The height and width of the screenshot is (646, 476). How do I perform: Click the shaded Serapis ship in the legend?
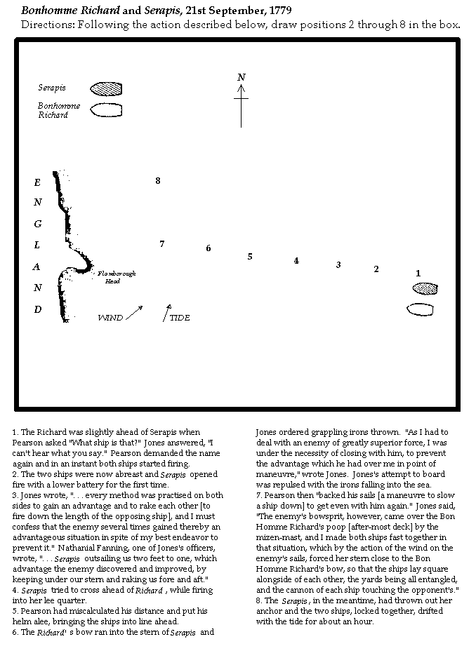coord(106,89)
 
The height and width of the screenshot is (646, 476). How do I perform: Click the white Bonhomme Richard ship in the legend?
coord(106,110)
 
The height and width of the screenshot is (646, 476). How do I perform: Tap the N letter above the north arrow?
coord(241,77)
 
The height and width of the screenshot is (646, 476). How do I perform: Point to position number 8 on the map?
coord(158,181)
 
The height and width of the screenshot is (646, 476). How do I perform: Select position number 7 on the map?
coord(161,244)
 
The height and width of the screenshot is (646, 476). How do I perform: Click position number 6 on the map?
coord(208,248)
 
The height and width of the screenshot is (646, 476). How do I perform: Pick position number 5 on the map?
coord(249,257)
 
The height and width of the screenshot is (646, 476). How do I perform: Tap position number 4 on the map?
coord(296,261)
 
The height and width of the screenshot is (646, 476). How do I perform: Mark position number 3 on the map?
coord(338,265)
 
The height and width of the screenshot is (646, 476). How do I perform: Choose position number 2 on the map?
coord(376,269)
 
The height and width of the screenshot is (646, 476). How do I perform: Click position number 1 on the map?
coord(418,274)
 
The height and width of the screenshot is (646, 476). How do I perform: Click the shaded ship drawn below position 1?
coord(424,288)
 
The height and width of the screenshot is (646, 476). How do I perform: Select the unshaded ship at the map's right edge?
coord(420,309)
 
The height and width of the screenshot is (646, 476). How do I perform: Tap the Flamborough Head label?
coord(117,276)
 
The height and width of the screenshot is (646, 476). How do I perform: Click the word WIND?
coord(110,318)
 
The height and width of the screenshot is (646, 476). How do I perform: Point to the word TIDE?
coord(180,318)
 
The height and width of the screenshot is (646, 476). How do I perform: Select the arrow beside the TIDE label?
coord(166,313)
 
